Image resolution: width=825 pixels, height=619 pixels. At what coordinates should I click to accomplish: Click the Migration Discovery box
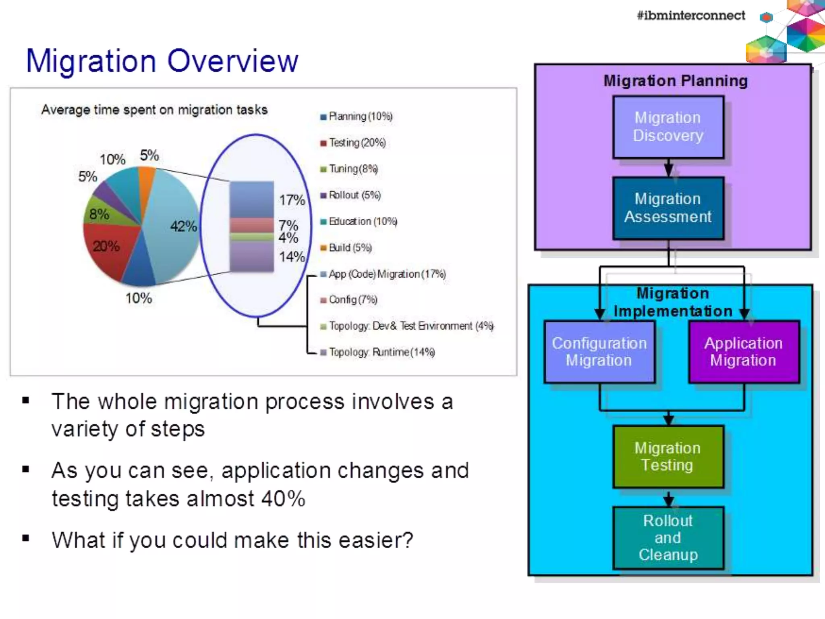(x=668, y=127)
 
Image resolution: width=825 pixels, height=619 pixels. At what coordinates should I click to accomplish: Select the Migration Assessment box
(x=668, y=208)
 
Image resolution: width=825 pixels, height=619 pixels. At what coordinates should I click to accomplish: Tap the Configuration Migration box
(x=599, y=351)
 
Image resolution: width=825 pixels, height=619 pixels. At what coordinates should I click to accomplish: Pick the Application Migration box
(x=744, y=351)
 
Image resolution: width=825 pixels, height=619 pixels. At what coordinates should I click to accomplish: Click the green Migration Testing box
(x=668, y=457)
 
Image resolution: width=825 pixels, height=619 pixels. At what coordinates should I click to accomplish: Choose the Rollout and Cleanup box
(x=668, y=538)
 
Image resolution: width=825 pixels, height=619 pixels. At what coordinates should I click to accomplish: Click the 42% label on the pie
(x=183, y=226)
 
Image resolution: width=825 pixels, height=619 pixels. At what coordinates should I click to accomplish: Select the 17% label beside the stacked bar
(x=292, y=200)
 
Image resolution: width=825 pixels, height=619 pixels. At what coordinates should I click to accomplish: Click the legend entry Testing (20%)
(x=357, y=143)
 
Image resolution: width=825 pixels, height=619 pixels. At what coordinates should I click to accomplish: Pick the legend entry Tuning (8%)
(x=353, y=169)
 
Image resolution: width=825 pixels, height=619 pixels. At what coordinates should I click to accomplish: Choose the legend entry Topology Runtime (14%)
(x=381, y=352)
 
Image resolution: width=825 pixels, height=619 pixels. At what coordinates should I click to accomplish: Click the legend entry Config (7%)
(x=352, y=300)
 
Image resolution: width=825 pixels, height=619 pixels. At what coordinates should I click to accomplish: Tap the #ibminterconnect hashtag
(x=690, y=16)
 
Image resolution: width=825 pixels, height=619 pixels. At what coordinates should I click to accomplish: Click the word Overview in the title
(x=232, y=61)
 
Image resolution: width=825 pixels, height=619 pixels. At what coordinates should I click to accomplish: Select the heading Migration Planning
(x=675, y=81)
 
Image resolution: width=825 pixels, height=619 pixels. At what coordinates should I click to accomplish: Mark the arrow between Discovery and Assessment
(x=669, y=168)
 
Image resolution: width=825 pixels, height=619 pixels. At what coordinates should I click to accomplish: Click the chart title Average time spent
(x=154, y=110)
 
